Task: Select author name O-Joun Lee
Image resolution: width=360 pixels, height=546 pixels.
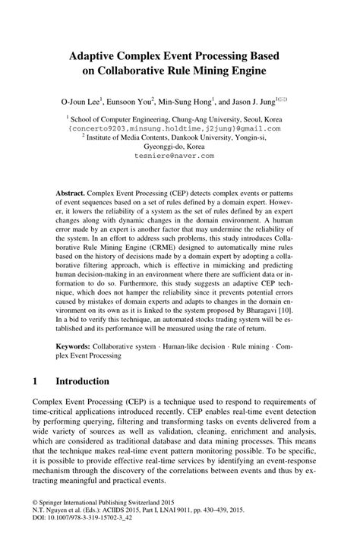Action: point(76,100)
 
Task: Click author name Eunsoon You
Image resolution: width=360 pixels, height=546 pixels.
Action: point(130,100)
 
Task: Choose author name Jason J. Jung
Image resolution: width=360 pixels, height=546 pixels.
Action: point(254,100)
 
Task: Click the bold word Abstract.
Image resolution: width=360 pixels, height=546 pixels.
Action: point(70,194)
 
